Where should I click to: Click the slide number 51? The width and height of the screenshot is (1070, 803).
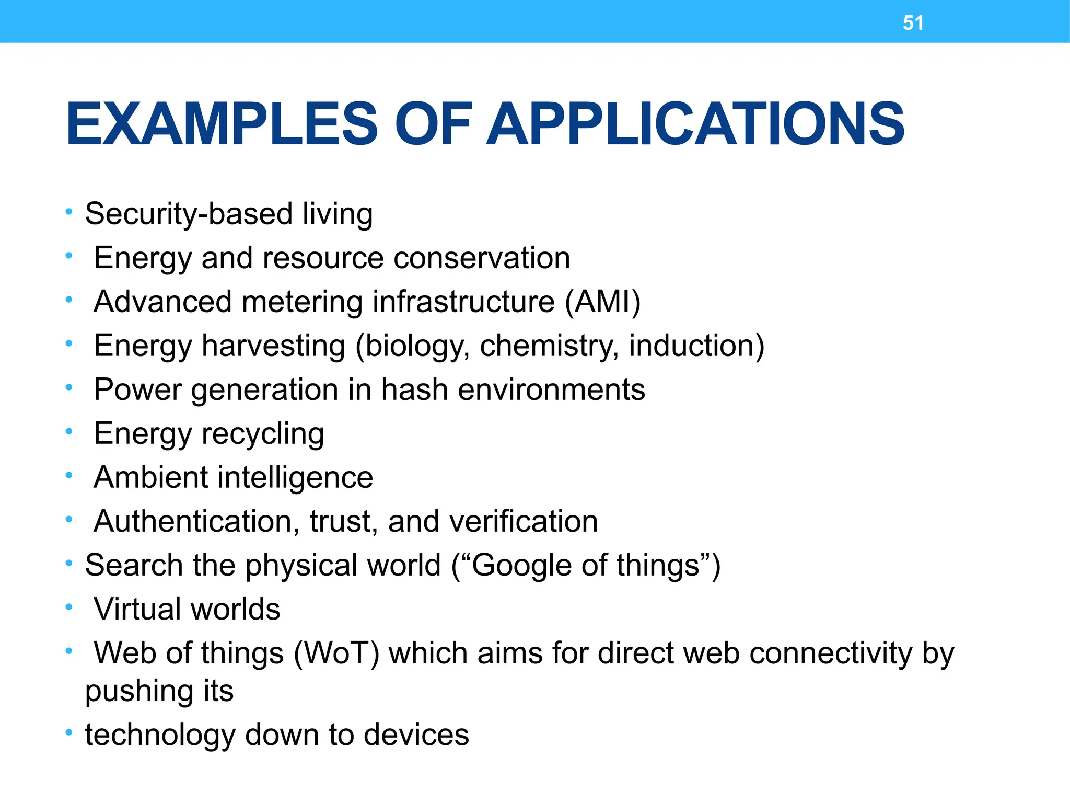point(913,23)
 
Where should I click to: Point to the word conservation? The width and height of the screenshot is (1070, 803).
point(482,258)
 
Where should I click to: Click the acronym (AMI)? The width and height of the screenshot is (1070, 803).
point(602,302)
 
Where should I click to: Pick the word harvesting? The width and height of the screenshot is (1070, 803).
point(274,346)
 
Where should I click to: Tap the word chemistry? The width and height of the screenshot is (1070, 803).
point(549,346)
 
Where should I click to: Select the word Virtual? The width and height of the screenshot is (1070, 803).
point(137,610)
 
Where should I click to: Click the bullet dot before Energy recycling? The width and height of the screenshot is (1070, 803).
point(68,432)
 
